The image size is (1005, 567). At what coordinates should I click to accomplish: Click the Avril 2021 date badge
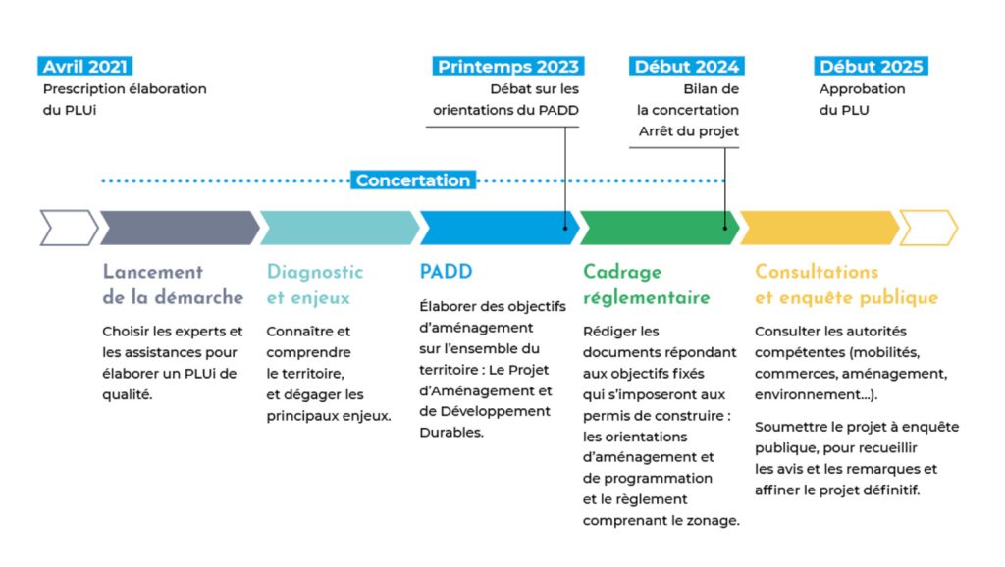tap(85, 66)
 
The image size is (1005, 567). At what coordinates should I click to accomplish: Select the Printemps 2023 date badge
tap(508, 66)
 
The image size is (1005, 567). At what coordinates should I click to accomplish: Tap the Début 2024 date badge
tap(686, 66)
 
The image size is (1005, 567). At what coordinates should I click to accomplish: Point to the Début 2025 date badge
tap(872, 66)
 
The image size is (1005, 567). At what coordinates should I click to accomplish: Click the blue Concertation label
tap(413, 180)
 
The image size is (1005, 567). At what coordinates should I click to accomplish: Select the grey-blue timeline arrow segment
tap(180, 228)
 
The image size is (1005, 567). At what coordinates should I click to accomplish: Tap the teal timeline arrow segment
tap(340, 228)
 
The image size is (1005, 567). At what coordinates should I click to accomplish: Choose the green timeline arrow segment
tap(660, 228)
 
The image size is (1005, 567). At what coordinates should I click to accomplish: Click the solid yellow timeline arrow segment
tap(820, 228)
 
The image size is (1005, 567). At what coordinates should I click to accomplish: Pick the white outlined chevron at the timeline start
tap(70, 228)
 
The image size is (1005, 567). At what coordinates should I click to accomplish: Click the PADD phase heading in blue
tap(447, 272)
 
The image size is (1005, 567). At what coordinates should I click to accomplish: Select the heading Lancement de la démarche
tap(173, 284)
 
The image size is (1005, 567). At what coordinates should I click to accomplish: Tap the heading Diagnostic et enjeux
tap(315, 284)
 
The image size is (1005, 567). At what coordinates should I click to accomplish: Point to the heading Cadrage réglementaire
tap(647, 284)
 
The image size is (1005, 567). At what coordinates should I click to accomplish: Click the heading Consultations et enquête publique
tap(847, 284)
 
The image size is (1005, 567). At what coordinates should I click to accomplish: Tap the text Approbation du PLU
tap(862, 99)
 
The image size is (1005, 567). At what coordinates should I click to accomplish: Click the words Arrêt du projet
tap(688, 131)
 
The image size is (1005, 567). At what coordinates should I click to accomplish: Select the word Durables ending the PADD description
tap(451, 433)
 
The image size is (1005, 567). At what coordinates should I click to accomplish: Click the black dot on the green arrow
tap(725, 229)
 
